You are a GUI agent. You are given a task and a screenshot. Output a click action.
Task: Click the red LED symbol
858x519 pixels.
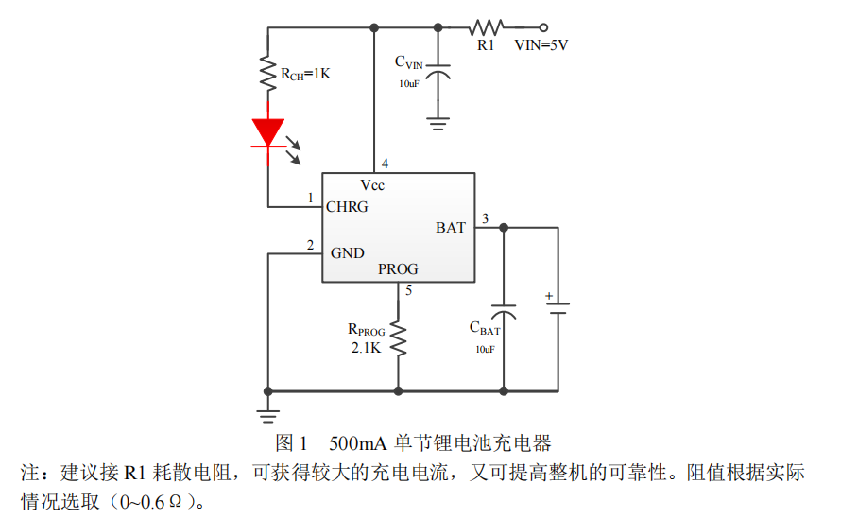coord(268,132)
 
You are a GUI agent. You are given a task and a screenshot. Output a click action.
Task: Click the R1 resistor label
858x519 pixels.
coord(486,44)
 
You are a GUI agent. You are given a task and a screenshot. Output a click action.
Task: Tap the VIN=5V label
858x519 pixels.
coord(541,44)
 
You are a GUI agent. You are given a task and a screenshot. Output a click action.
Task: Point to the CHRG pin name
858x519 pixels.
coord(347,206)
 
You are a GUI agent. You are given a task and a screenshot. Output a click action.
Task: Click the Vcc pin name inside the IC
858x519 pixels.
coord(372,185)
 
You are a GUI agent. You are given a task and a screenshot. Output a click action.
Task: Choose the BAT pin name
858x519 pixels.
coord(451,228)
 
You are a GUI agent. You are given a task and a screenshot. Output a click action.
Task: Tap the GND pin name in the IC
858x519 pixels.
coord(347,253)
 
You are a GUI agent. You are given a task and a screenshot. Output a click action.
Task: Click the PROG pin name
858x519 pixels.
coord(398,269)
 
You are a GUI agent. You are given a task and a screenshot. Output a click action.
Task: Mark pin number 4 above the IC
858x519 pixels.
coord(385,164)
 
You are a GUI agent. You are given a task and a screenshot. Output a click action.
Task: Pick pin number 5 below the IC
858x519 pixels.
coord(408,290)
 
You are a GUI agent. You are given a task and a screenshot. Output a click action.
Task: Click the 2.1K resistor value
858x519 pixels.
coord(365,348)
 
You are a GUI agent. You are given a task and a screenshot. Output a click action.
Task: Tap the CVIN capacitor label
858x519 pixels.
coord(409,62)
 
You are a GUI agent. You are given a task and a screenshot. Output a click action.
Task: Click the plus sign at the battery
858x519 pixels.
coord(548,296)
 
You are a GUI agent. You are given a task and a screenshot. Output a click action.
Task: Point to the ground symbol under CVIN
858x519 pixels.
coord(438,121)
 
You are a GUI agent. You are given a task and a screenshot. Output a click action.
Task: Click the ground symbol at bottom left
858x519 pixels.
coord(268,412)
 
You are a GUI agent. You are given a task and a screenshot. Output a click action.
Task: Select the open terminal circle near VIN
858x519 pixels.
coord(543,26)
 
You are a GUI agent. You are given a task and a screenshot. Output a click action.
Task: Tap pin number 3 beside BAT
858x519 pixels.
coord(485,220)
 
